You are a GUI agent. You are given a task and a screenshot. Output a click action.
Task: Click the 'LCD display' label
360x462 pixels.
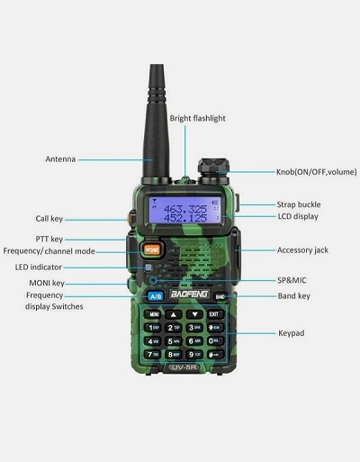click(297, 217)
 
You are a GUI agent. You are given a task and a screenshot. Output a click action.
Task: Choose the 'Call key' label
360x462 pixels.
click(49, 218)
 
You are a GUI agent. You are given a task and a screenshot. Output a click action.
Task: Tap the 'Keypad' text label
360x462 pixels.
click(291, 332)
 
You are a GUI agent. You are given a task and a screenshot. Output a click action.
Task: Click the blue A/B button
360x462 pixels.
click(155, 296)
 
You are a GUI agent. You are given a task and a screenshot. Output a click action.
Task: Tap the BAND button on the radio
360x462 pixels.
click(220, 296)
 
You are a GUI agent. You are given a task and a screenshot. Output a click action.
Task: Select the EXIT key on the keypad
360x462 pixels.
click(213, 314)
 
